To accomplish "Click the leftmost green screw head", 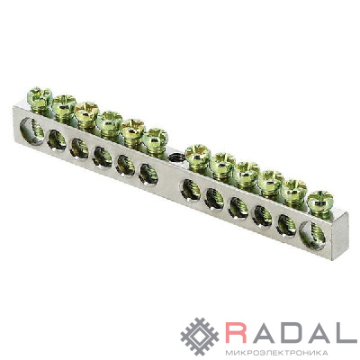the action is coord(40,96).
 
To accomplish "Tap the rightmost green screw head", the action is coord(320,201).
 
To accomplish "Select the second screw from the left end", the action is coord(64,104).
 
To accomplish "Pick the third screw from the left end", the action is coord(86,112).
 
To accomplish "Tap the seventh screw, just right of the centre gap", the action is coord(197,154).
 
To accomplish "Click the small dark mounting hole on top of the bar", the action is coord(175,157).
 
